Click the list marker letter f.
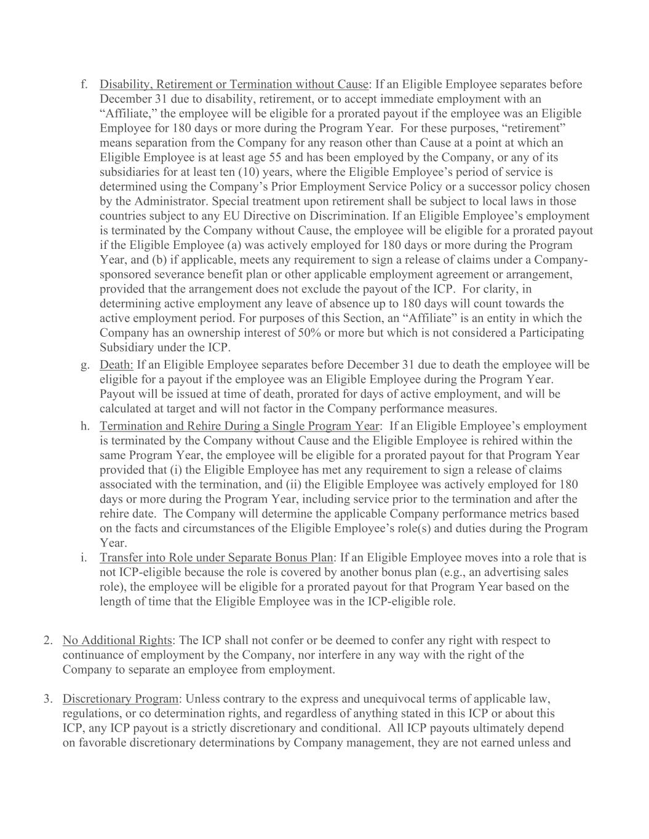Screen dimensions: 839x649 click(84, 84)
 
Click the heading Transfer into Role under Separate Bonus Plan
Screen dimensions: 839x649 click(216, 557)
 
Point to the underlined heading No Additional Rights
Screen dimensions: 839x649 click(117, 640)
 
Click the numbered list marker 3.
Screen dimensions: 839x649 click(47, 699)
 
